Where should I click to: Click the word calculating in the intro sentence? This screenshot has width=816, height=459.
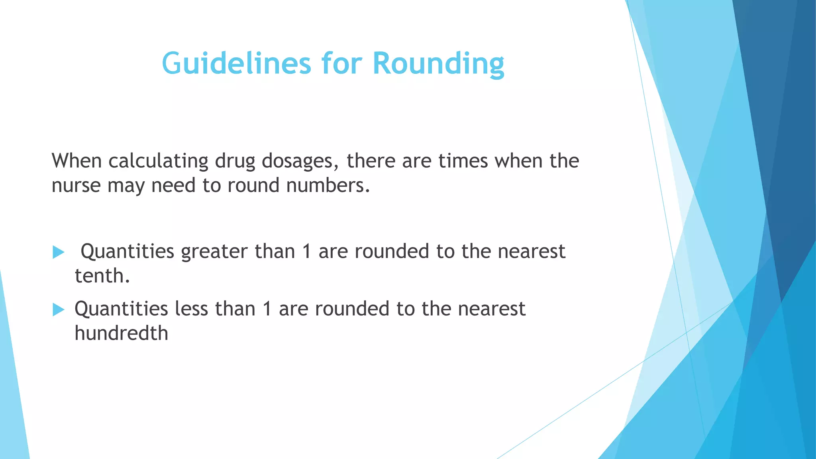(158, 161)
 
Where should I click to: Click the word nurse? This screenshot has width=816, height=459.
(76, 186)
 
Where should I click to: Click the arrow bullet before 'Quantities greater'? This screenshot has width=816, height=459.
(58, 252)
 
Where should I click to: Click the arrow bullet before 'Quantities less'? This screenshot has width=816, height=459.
(58, 310)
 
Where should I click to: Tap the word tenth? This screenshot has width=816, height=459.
(102, 276)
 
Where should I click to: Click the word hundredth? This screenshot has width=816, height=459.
(122, 333)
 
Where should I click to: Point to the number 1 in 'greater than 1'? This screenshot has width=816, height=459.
(306, 252)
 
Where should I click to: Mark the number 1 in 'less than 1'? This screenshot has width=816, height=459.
(267, 309)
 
